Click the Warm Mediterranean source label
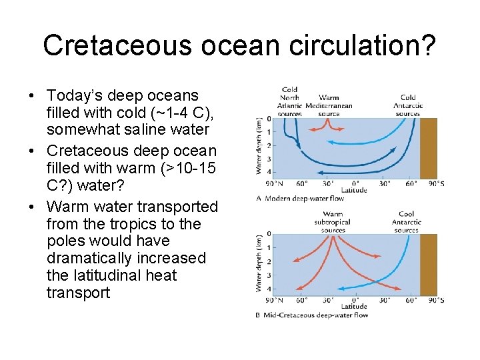point(329,105)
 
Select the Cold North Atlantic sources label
point(290,101)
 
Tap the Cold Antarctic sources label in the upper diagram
point(407,105)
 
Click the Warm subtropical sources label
point(332,222)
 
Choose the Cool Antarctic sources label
point(406,222)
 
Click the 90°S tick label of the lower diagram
point(437,300)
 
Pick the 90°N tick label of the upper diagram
point(273,183)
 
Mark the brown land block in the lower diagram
point(429,264)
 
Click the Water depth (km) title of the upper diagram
point(259,146)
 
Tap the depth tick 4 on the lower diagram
point(268,289)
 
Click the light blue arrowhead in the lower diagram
point(340,289)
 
